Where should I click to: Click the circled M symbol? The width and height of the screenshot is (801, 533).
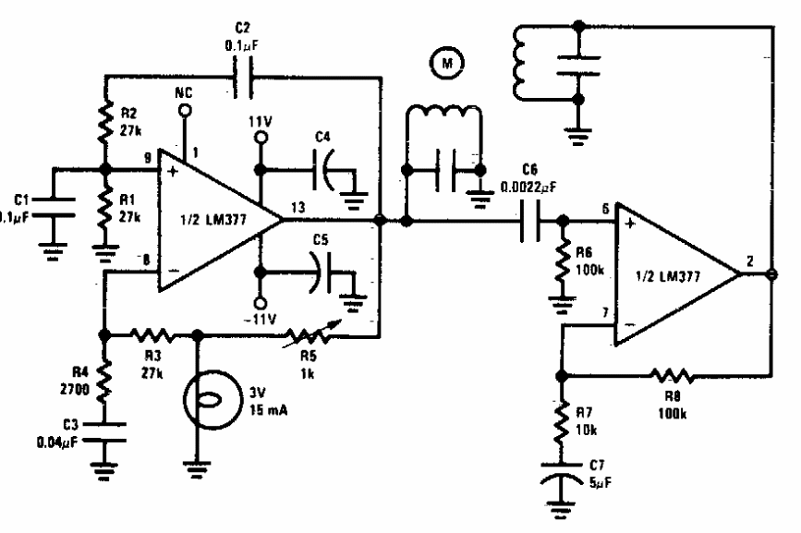(448, 64)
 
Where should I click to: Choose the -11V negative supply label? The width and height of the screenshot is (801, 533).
(261, 321)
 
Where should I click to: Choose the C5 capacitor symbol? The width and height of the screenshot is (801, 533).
(321, 273)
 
